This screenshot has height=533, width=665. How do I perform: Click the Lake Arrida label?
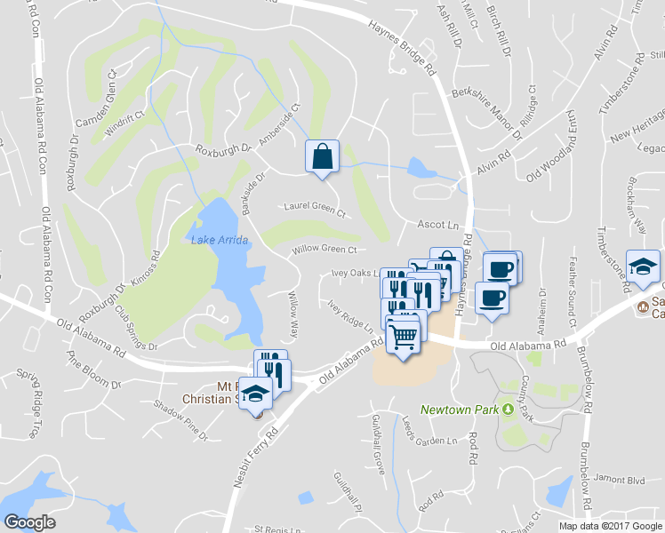point(218,239)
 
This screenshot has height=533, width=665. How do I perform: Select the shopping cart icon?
point(404,337)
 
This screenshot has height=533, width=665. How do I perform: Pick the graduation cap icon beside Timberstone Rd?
point(643,266)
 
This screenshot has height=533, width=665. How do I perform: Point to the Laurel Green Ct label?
point(314,209)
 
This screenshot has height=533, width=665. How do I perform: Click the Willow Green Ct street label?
point(324,251)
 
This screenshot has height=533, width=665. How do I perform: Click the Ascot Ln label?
point(437,226)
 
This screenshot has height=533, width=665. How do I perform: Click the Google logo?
point(30,522)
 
